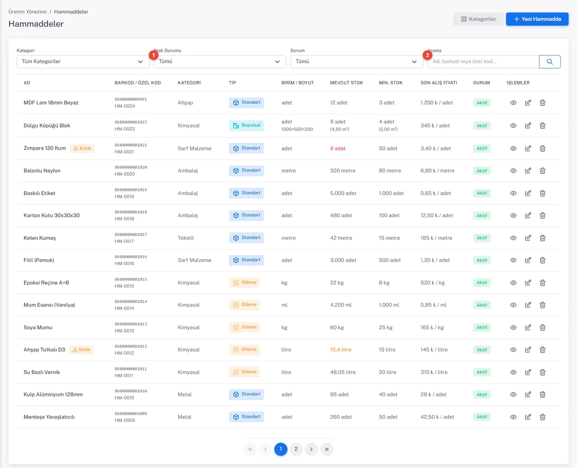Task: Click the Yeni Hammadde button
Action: [537, 19]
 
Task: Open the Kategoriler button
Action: [478, 19]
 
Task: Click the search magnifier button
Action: [550, 62]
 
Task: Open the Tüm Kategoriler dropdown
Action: [83, 62]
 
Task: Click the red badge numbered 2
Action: [427, 55]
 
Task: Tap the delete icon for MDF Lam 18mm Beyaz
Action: [542, 103]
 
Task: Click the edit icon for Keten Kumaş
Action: [528, 238]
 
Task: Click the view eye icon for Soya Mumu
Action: [513, 327]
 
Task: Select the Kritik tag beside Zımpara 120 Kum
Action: [82, 148]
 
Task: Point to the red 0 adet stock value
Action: [338, 148]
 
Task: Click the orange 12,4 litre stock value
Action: [340, 350]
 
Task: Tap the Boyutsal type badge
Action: [246, 125]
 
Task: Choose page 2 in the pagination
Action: [296, 449]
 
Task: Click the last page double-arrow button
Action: [326, 449]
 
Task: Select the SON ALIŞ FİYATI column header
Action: [439, 83]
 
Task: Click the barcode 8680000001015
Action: [131, 279]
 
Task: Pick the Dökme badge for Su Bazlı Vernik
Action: [245, 372]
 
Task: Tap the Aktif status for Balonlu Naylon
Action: [482, 171]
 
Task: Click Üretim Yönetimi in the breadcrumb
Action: [27, 12]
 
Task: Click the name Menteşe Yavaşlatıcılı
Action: [49, 417]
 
